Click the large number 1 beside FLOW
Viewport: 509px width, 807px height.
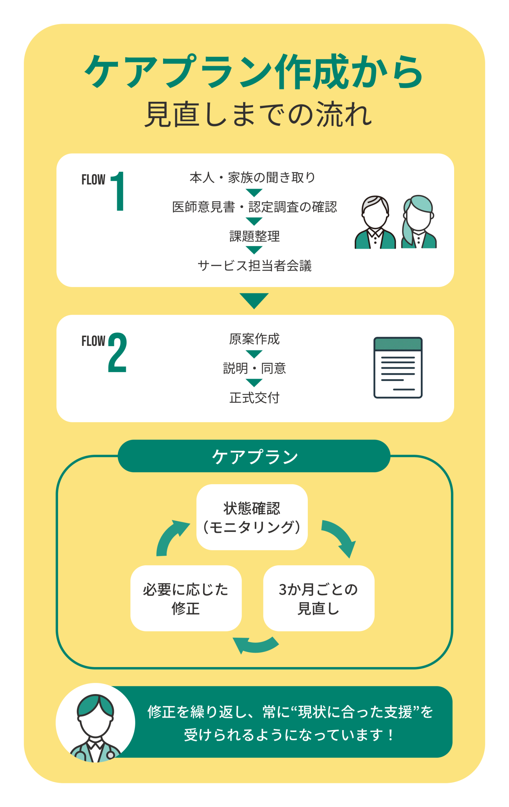click(x=118, y=191)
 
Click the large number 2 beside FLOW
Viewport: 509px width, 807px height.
click(x=117, y=352)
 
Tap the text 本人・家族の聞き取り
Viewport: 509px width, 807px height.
click(x=253, y=177)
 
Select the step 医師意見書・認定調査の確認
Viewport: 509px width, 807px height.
click(x=254, y=207)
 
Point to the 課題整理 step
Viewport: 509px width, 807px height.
click(x=254, y=236)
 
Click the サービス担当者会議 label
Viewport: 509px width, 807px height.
click(x=254, y=266)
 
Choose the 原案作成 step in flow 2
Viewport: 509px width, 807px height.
click(x=254, y=339)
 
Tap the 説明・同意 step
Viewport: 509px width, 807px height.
click(x=254, y=368)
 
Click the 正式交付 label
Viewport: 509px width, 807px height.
click(x=254, y=398)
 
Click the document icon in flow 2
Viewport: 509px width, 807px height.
click(x=398, y=368)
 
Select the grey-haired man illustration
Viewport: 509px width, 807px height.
click(x=375, y=223)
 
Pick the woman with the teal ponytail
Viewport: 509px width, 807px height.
click(x=418, y=222)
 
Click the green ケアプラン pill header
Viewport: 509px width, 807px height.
click(x=254, y=456)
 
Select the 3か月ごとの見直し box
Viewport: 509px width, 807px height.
click(x=319, y=599)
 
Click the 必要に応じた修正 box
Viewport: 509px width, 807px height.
click(x=186, y=599)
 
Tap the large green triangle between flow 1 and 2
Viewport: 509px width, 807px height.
click(x=254, y=300)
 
